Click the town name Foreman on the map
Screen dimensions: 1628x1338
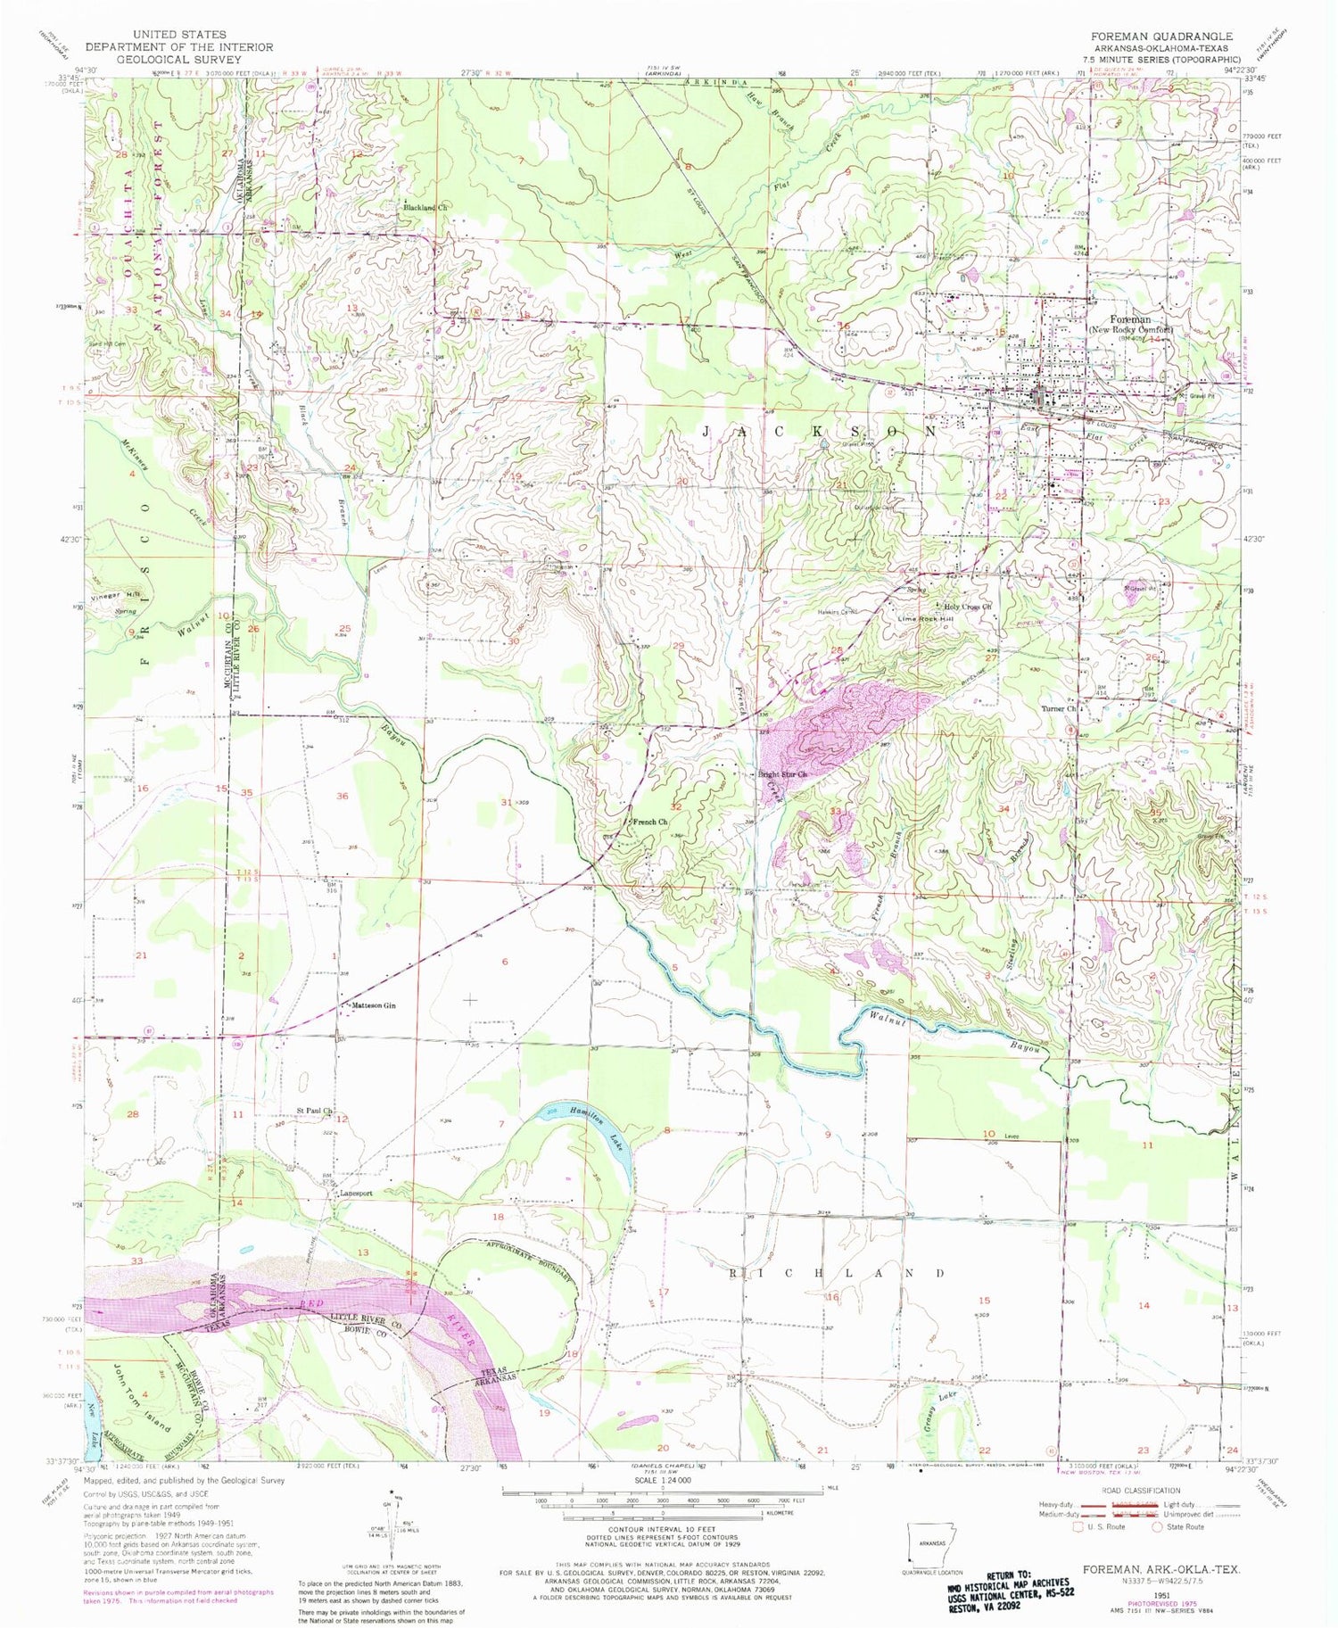point(1129,318)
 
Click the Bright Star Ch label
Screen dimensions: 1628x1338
point(782,774)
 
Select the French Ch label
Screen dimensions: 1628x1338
point(649,822)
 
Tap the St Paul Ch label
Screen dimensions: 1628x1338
point(314,1112)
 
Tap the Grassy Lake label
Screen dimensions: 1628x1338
point(942,1409)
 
